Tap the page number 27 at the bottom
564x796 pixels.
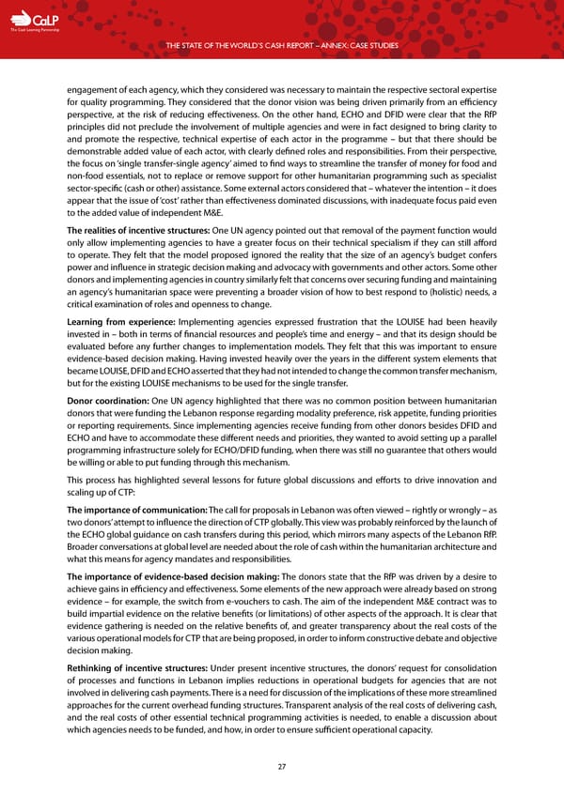pos(281,765)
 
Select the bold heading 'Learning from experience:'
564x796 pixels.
pos(117,321)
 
